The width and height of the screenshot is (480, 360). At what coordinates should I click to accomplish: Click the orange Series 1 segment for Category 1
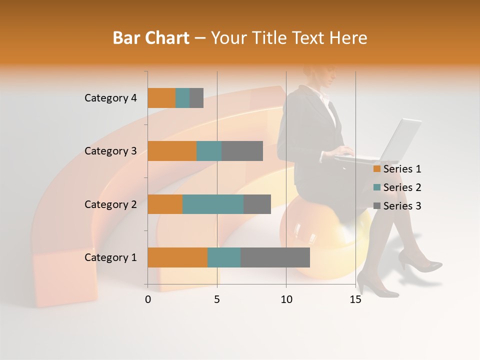(177, 257)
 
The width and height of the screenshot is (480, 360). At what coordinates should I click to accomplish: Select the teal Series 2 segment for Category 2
(213, 204)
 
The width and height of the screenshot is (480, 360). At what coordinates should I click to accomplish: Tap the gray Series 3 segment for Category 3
(242, 151)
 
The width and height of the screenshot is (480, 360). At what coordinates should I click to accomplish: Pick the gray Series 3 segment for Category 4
(196, 98)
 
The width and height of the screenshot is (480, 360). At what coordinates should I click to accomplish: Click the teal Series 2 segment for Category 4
(182, 98)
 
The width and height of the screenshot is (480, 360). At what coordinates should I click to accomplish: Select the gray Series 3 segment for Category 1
(275, 257)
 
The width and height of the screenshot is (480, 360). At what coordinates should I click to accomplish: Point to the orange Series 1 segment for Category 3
(172, 151)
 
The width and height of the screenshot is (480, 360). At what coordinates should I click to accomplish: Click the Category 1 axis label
(110, 257)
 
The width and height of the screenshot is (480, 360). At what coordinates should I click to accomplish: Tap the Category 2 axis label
(110, 204)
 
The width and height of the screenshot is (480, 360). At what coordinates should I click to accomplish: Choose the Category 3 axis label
(110, 151)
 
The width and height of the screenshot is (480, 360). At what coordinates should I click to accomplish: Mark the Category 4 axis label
(110, 98)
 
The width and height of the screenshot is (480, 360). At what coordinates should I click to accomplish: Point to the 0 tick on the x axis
(148, 299)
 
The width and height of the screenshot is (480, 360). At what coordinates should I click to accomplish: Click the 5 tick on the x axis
(217, 299)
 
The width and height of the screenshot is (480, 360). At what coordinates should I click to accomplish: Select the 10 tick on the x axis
(286, 299)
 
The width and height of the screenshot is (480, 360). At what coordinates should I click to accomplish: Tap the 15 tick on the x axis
(355, 299)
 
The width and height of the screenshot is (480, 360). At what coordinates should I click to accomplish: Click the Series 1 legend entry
(397, 169)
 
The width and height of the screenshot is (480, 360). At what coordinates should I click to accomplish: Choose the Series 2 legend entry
(397, 187)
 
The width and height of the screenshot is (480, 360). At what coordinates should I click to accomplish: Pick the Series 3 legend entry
(397, 206)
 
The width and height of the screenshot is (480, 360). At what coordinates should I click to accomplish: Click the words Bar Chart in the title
(151, 38)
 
